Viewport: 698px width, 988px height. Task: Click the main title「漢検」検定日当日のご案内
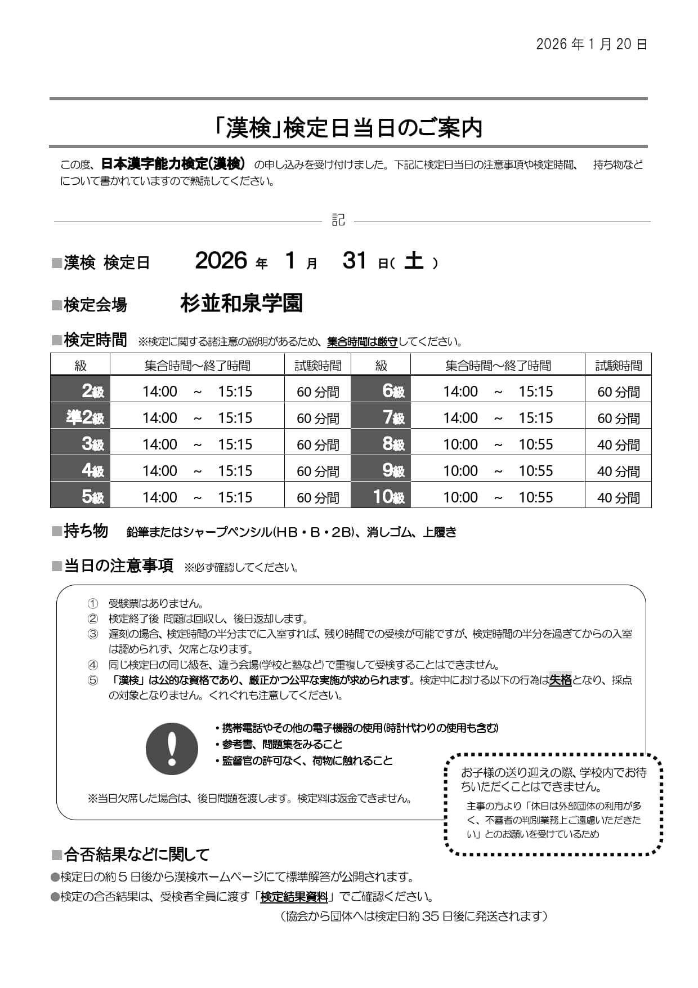pyautogui.click(x=349, y=128)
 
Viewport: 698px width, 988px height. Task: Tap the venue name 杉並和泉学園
pyautogui.click(x=241, y=304)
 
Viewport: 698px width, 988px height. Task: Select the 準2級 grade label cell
pyautogui.click(x=80, y=417)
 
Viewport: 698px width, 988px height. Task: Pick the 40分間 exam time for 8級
pyautogui.click(x=618, y=444)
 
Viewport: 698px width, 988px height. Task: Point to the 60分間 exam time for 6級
pyautogui.click(x=618, y=391)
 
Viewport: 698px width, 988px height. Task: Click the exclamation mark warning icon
pyautogui.click(x=172, y=749)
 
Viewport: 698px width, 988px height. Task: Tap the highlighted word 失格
pyautogui.click(x=560, y=680)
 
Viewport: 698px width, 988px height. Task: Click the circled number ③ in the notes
pyautogui.click(x=93, y=634)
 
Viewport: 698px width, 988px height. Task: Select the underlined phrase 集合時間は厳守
pyautogui.click(x=362, y=342)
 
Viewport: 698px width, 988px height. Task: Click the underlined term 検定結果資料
pyautogui.click(x=294, y=897)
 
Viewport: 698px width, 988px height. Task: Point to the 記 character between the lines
pyautogui.click(x=338, y=220)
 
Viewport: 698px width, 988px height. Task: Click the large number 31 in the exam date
pyautogui.click(x=355, y=261)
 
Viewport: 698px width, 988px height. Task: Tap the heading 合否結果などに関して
pyautogui.click(x=136, y=855)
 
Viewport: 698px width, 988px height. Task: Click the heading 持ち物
pyautogui.click(x=86, y=531)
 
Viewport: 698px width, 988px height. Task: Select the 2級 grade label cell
pyautogui.click(x=80, y=391)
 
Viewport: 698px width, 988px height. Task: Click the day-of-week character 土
pyautogui.click(x=414, y=261)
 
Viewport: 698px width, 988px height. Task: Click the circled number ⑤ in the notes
pyautogui.click(x=93, y=680)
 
